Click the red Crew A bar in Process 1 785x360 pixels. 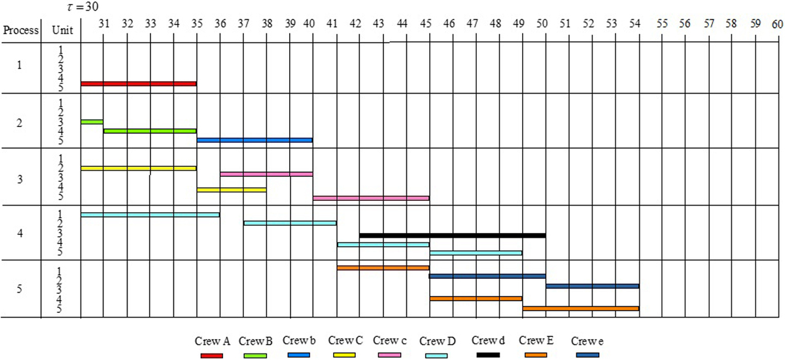(x=139, y=84)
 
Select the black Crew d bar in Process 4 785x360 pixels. (x=452, y=235)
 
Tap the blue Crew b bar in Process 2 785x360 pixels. (x=254, y=140)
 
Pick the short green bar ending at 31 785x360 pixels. (x=92, y=122)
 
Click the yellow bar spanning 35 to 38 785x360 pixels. (x=232, y=190)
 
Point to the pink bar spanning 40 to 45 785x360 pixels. (x=371, y=198)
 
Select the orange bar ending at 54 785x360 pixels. (x=580, y=308)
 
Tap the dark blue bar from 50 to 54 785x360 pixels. (x=592, y=286)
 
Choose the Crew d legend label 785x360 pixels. (x=487, y=340)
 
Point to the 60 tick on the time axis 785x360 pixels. (x=777, y=24)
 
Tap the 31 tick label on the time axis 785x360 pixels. (x=103, y=24)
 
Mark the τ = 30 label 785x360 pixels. (x=68, y=7)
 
